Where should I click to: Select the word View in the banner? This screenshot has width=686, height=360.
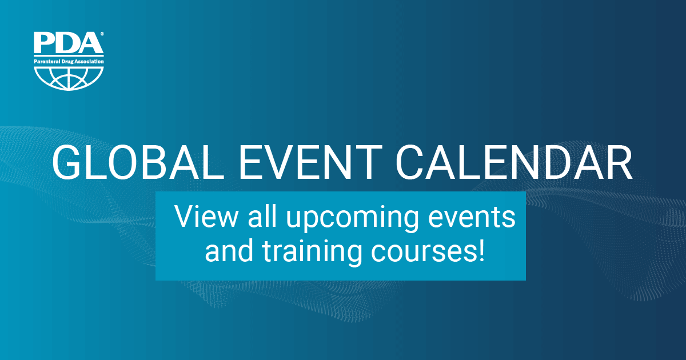206,217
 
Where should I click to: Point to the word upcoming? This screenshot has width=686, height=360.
352,219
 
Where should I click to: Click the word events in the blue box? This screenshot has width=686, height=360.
472,218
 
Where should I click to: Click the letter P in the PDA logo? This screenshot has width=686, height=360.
44,43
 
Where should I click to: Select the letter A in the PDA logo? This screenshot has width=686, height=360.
90,43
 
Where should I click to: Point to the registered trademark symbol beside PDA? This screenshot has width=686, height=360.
102,34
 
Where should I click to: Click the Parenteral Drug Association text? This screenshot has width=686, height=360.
69,62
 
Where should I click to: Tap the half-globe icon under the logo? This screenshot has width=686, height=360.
69,79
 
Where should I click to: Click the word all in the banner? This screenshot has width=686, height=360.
262,217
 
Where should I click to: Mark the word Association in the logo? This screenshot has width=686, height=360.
89,62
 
